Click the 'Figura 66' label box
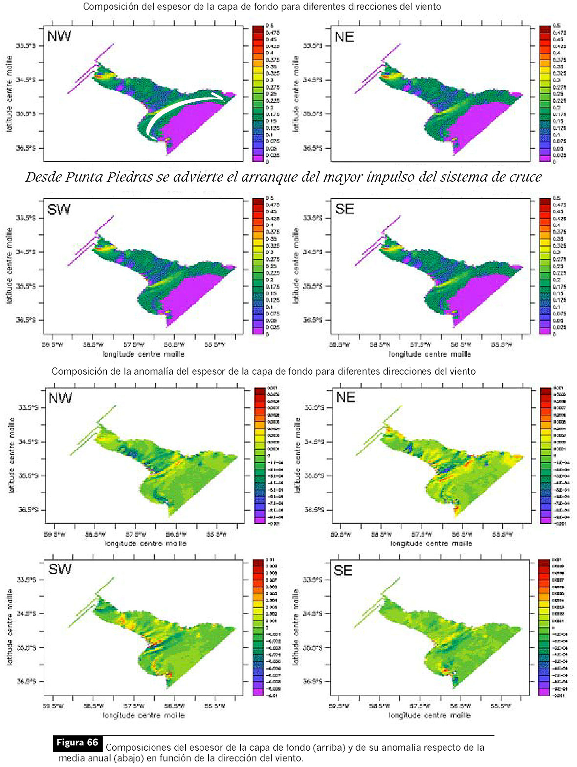tap(77, 743)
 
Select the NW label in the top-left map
tap(59, 37)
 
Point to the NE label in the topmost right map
tap(345, 37)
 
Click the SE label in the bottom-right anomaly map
tap(343, 570)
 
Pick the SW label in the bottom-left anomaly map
tap(60, 569)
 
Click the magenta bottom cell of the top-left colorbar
tap(258, 158)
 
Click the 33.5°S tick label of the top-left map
tap(26, 45)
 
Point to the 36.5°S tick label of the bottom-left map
tap(26, 681)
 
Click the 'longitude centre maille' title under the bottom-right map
tap(430, 715)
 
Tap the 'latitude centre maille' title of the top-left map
tap(10, 93)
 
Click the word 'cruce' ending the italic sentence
tap(526, 177)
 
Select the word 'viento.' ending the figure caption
tap(289, 759)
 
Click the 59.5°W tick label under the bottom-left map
tap(54, 706)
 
